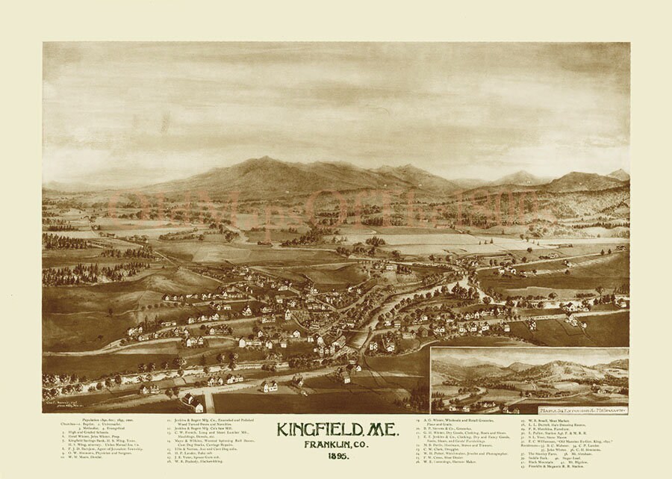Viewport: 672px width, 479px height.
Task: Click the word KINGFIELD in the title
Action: point(313,431)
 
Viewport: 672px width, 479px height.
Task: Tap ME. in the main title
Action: point(382,431)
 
